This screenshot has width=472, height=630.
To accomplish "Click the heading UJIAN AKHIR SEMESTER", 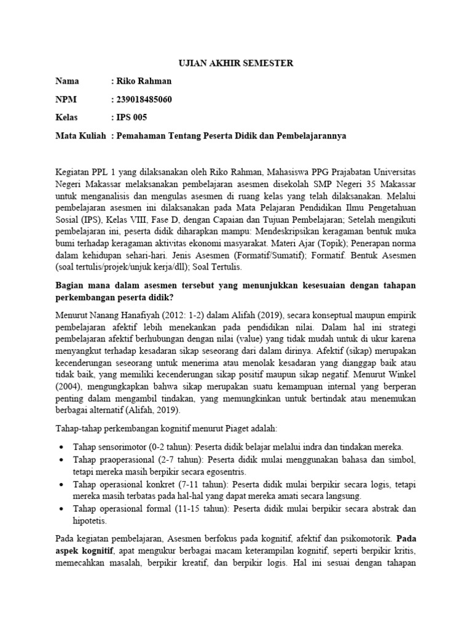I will click(x=236, y=63).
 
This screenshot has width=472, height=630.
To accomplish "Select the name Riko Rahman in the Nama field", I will click(x=143, y=81).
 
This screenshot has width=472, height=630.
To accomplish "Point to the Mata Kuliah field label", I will click(x=81, y=135).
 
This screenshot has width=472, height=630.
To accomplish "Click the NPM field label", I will click(x=66, y=99).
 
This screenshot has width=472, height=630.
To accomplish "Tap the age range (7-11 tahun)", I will click(x=178, y=484).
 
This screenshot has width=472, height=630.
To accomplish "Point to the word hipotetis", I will click(x=91, y=520).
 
